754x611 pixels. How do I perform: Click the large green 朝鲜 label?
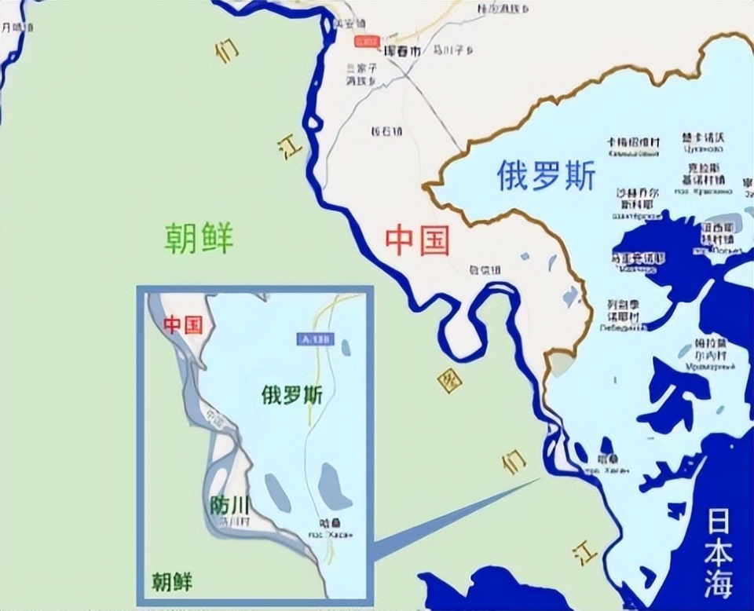pyautogui.click(x=199, y=236)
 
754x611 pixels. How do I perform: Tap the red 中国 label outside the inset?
pyautogui.click(x=417, y=240)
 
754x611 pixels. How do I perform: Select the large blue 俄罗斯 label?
pyautogui.click(x=547, y=177)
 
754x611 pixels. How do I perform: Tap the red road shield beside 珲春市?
pyautogui.click(x=366, y=40)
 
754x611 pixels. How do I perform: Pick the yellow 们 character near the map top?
pyautogui.click(x=226, y=51)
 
